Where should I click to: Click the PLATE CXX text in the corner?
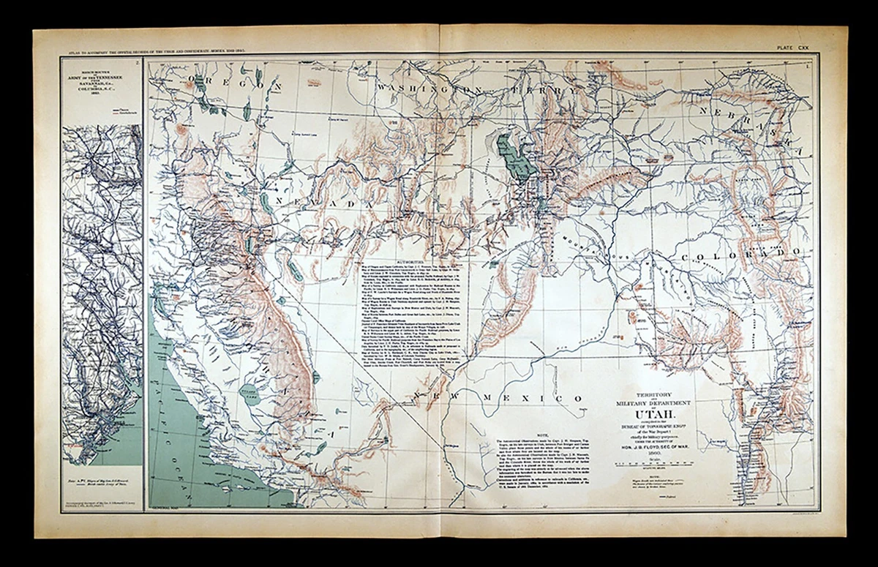tap(794, 48)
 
